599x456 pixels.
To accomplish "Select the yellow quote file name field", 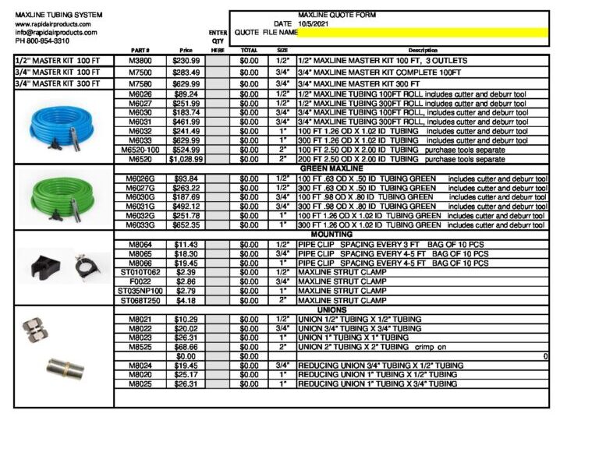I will click(422, 33).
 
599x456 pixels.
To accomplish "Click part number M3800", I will click(140, 60).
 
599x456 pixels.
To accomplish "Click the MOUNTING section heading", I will click(331, 234).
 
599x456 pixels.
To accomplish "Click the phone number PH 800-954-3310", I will click(46, 41).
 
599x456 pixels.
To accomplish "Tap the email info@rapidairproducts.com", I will click(56, 33).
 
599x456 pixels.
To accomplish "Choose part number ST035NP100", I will click(140, 291).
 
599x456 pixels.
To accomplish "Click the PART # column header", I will click(140, 51).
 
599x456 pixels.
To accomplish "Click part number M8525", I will click(140, 347).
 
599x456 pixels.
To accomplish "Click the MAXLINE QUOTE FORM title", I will click(331, 15).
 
